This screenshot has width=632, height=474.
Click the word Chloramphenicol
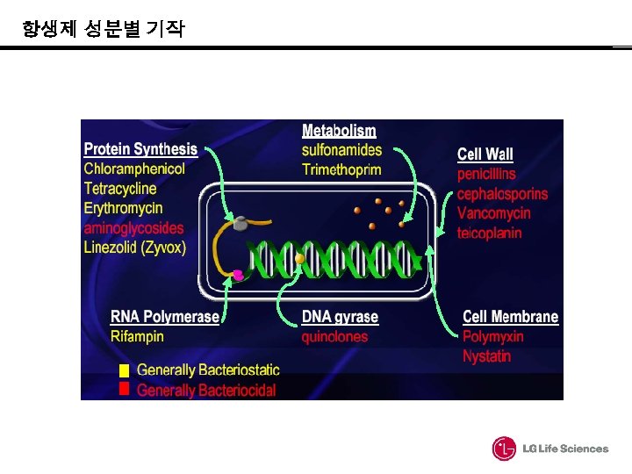point(134,169)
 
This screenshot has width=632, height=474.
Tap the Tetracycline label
point(120,188)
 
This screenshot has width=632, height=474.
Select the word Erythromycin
point(123,208)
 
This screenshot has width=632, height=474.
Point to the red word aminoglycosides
point(134,227)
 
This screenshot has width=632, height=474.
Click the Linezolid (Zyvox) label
point(135,248)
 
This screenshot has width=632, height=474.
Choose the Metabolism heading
point(339,131)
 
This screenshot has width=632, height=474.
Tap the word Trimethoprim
point(341,169)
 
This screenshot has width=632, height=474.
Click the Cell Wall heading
point(485,154)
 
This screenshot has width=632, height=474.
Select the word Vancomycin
point(493,213)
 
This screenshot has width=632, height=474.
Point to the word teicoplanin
point(489,233)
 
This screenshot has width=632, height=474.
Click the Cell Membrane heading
point(510,317)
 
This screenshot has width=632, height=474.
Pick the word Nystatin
point(486,356)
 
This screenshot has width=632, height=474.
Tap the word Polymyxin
point(492,336)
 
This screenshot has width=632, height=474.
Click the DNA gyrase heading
point(340,317)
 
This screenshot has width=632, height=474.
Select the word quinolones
point(334,336)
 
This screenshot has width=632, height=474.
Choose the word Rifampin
point(137,336)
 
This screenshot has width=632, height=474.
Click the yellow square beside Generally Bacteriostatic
point(124,370)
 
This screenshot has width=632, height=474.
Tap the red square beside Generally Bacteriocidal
point(124,389)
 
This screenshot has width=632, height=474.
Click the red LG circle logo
point(505,449)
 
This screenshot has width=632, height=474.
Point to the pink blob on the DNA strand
point(236,276)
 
